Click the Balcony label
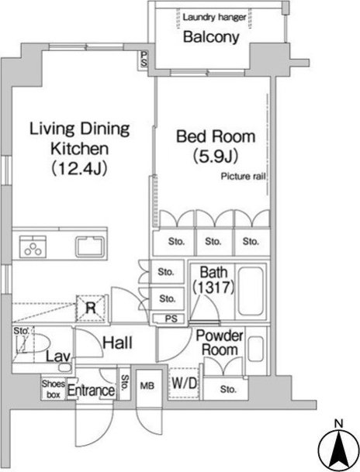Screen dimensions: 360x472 (211, 37)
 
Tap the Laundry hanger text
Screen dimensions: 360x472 (214, 17)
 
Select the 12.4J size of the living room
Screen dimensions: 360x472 (80, 168)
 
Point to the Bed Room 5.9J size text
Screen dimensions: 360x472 (216, 156)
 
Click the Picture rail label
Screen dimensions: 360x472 (244, 177)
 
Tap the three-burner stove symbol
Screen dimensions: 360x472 (33, 247)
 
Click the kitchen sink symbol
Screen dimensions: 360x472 (90, 246)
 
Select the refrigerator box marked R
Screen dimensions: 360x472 (91, 308)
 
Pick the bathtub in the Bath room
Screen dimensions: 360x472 (251, 291)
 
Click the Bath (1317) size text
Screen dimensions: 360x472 (213, 280)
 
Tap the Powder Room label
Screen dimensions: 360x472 (220, 343)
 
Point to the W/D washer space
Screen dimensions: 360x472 (185, 383)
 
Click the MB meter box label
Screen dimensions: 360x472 (147, 386)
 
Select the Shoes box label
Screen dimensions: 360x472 (54, 389)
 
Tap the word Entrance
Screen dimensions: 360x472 (91, 391)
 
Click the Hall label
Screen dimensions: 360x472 (117, 343)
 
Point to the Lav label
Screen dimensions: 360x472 (58, 357)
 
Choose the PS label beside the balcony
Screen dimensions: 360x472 (144, 59)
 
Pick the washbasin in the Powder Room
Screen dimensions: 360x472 (256, 349)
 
